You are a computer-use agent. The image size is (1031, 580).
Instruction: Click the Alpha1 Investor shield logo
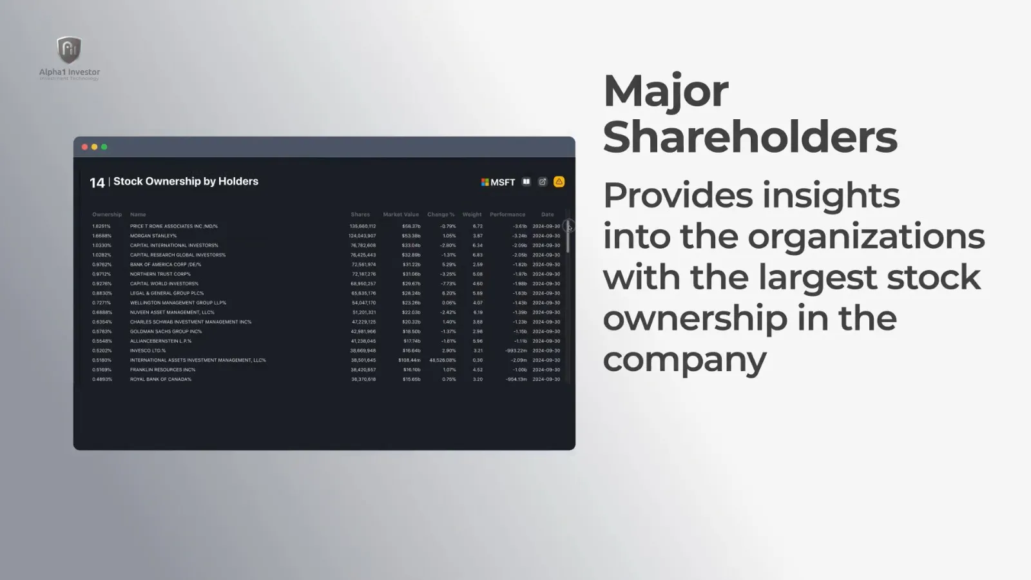click(69, 50)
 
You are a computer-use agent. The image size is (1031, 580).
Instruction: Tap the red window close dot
click(84, 147)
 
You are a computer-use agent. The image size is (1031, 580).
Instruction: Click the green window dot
click(104, 147)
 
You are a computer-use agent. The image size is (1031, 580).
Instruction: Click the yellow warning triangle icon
click(559, 182)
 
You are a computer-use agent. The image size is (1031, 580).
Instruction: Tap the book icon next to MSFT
click(526, 182)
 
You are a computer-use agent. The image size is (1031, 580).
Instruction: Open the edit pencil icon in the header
click(543, 182)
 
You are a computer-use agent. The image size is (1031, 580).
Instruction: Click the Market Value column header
click(401, 215)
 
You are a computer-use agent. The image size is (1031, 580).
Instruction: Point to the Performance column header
click(507, 215)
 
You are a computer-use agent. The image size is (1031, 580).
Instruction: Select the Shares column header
click(360, 215)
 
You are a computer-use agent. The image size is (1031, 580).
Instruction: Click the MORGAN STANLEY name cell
click(153, 236)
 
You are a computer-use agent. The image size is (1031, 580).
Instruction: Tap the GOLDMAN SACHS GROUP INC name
click(166, 331)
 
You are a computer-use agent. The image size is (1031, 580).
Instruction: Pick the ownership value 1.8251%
click(101, 226)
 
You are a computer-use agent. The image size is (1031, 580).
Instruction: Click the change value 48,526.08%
click(442, 360)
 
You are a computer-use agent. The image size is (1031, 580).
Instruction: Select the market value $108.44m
click(409, 360)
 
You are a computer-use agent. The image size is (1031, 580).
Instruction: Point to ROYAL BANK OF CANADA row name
click(160, 379)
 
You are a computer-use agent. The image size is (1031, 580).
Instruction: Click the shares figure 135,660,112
click(363, 226)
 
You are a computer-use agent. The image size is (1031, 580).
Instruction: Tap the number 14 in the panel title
click(97, 183)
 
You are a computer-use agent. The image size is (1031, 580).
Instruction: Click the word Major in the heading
click(666, 91)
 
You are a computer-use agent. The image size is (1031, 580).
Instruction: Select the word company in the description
click(684, 358)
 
